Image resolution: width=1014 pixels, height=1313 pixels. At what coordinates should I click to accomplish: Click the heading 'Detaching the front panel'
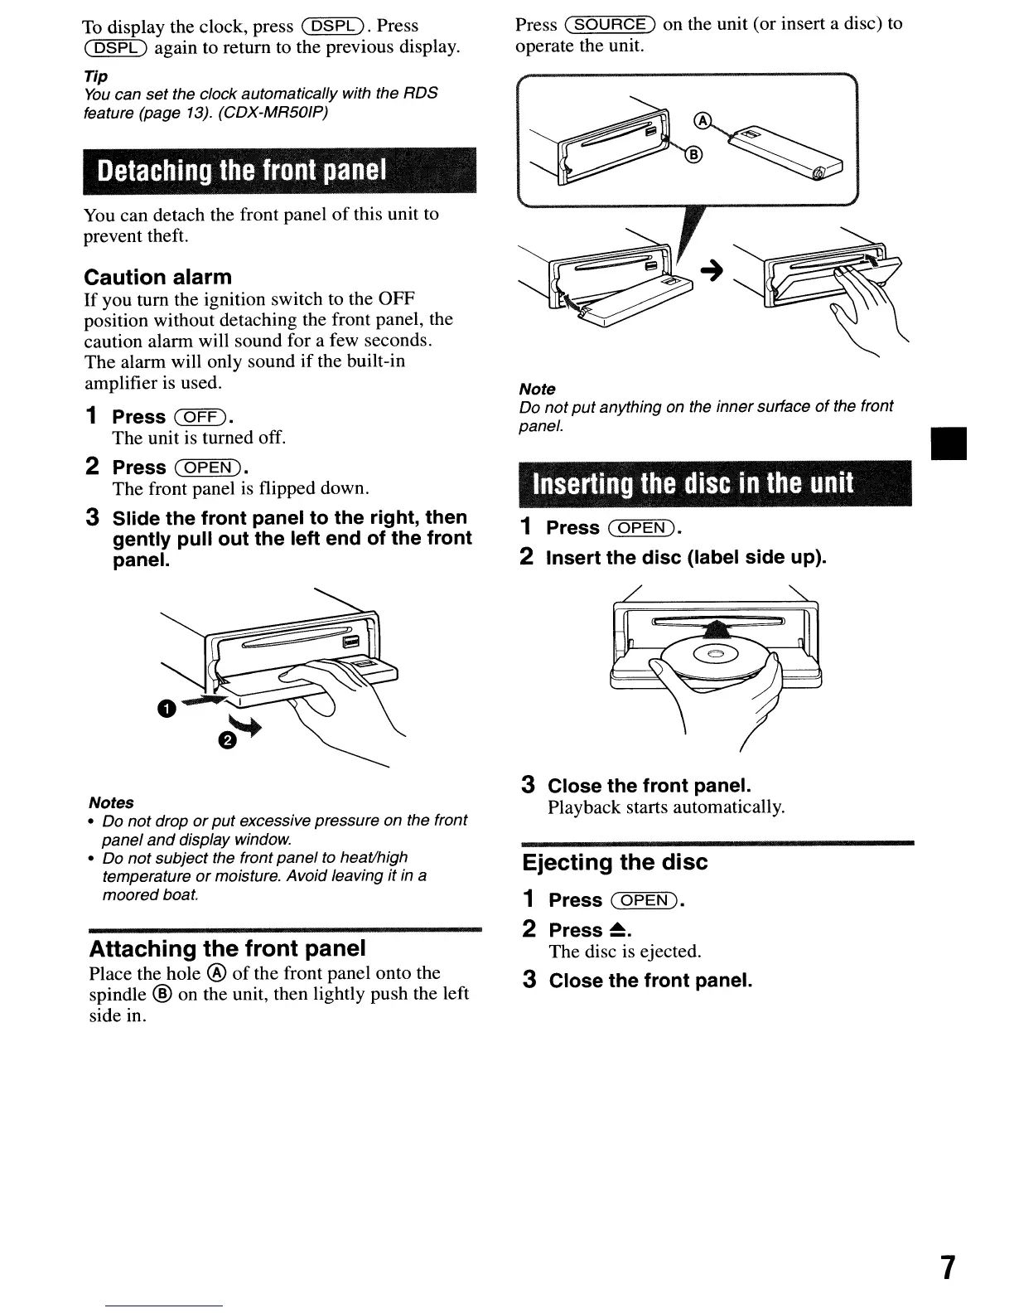242,171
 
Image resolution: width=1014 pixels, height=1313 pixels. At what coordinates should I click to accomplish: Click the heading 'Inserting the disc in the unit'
693,483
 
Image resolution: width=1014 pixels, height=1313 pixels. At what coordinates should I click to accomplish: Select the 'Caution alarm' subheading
158,277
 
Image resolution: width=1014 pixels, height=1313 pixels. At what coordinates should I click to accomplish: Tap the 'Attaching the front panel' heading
227,948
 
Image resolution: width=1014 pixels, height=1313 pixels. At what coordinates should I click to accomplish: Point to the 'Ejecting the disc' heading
615,862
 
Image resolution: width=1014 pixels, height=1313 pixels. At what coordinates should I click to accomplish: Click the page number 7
948,1268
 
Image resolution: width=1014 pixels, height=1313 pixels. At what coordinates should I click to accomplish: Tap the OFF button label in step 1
200,416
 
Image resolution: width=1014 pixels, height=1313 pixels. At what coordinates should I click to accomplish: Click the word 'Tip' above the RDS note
95,76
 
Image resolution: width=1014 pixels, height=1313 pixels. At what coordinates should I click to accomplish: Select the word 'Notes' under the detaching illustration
111,802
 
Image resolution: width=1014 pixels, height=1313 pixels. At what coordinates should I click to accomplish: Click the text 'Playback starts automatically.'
666,807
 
